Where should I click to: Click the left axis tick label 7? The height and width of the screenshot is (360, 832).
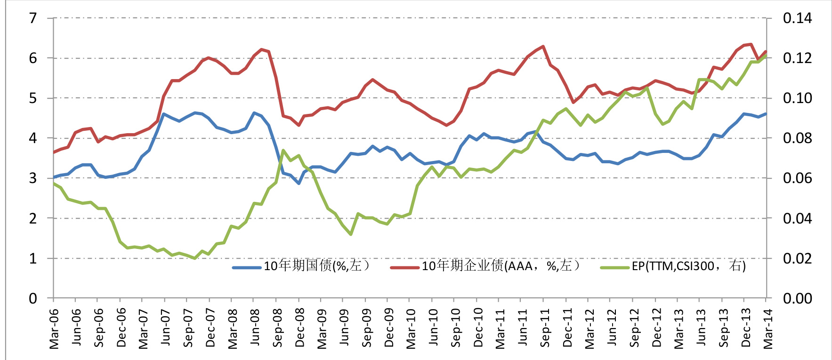[33, 18]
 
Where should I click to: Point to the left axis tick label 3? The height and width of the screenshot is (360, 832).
[33, 178]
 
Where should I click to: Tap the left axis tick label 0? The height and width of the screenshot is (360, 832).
[33, 298]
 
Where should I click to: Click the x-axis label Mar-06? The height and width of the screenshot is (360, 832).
[54, 328]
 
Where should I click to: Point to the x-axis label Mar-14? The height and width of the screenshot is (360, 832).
[768, 328]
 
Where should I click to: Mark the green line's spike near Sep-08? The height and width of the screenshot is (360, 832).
[283, 151]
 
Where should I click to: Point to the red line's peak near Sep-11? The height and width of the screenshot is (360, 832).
[543, 47]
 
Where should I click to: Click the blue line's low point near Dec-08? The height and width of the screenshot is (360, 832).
[299, 183]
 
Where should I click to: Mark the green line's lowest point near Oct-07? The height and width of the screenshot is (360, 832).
[194, 258]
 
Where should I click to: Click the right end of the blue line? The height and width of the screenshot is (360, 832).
[766, 113]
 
